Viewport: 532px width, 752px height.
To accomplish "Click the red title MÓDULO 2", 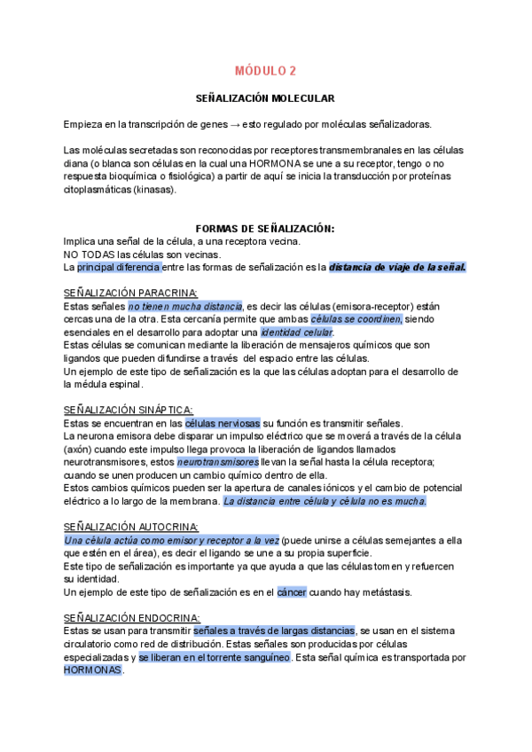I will click(x=265, y=71).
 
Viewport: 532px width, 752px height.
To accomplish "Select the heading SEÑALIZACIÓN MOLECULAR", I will click(x=265, y=99).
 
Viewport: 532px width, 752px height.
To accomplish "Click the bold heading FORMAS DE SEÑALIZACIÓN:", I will click(x=265, y=229).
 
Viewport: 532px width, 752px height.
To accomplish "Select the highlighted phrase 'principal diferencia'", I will click(x=119, y=267).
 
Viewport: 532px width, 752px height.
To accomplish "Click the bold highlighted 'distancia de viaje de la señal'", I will click(x=397, y=267).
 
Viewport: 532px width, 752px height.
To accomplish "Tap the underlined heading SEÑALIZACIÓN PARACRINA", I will click(x=130, y=293).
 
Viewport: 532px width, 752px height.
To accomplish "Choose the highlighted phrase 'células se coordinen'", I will click(x=356, y=318).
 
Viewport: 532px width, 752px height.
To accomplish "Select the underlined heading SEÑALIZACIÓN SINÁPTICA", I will click(x=129, y=410).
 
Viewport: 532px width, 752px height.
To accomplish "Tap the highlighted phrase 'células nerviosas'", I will click(x=223, y=423).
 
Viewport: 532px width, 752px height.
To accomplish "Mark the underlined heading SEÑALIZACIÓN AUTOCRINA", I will click(x=131, y=527).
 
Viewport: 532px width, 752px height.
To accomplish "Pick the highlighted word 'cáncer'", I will click(x=291, y=591).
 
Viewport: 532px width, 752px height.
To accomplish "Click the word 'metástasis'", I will click(x=384, y=591).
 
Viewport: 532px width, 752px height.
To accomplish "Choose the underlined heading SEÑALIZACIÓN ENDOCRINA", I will click(x=132, y=617).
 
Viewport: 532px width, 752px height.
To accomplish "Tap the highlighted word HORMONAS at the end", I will click(x=93, y=670).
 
